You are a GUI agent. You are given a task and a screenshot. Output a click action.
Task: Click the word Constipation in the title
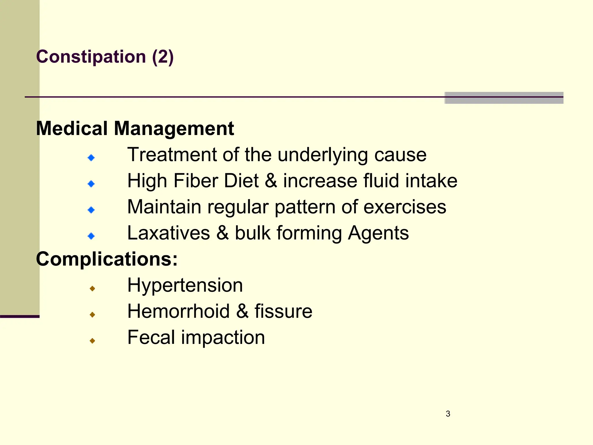tap(91, 56)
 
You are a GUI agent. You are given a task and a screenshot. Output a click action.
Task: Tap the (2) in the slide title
tap(163, 56)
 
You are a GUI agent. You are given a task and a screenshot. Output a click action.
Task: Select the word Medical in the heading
tap(72, 128)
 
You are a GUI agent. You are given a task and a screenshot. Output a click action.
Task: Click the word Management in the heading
tap(174, 128)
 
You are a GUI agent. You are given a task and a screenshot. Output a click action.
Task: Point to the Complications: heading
tap(107, 259)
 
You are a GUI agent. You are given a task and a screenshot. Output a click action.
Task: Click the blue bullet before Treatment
tap(91, 158)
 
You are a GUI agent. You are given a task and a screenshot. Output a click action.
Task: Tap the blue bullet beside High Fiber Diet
tap(91, 184)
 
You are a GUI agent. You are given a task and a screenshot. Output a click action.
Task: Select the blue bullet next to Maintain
tap(91, 210)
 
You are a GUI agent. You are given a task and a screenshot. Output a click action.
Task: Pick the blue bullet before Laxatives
tap(91, 236)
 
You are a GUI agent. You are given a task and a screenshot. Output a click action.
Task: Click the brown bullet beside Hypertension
tap(92, 288)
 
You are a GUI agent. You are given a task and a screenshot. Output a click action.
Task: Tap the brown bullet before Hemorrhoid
tap(92, 314)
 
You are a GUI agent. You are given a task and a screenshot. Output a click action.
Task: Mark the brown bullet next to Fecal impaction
tap(92, 341)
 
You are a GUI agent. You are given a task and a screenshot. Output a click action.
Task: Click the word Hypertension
tap(185, 285)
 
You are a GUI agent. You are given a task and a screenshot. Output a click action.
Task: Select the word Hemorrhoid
tap(179, 311)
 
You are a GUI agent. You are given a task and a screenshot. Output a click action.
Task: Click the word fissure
tap(283, 311)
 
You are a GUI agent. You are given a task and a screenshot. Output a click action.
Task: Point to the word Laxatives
tap(169, 233)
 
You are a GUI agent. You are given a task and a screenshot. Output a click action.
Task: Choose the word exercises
tap(405, 207)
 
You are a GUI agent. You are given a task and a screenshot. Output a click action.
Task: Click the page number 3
tap(448, 414)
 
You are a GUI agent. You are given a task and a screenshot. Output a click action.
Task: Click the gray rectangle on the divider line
tap(504, 98)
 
